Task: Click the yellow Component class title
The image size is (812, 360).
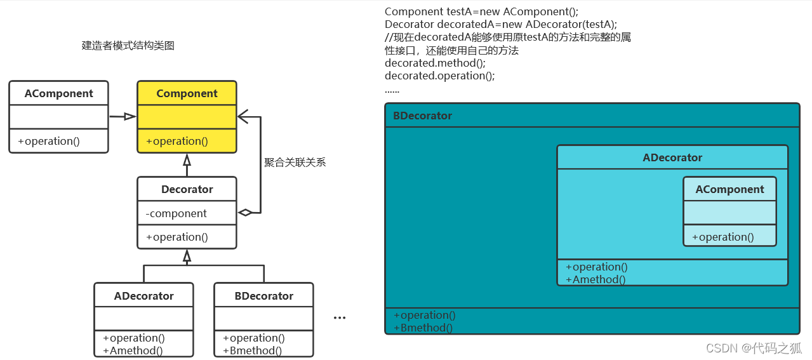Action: (187, 93)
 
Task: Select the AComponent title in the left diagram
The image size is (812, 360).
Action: (58, 93)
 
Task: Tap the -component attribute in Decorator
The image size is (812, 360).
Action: (176, 213)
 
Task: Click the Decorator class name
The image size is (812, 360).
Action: (187, 189)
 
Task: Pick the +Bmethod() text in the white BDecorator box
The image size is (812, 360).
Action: (253, 350)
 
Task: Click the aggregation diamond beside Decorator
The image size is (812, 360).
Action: (245, 213)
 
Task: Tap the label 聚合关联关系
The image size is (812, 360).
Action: (295, 162)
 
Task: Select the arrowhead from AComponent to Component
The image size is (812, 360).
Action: (130, 116)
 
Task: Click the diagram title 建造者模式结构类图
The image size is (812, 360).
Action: (128, 46)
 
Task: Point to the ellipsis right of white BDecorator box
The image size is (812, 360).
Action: (340, 317)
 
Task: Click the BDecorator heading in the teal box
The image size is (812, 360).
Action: (422, 116)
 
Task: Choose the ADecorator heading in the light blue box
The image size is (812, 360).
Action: (672, 157)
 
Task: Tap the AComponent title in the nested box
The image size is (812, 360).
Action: (729, 189)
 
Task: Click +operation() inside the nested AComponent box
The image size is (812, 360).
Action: (722, 237)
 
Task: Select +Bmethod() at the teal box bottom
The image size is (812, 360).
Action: (423, 328)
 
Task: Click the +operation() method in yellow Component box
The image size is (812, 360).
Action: (176, 141)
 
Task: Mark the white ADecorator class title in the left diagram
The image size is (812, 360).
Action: (143, 296)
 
